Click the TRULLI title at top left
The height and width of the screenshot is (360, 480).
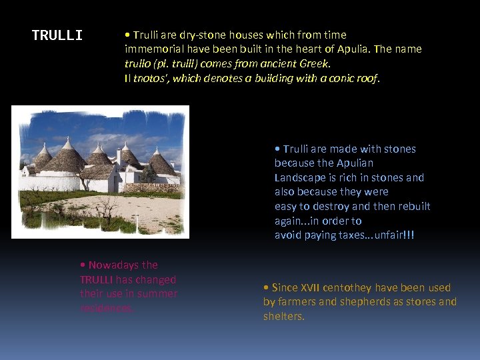pos(57,35)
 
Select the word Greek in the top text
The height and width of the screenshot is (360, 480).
pos(316,64)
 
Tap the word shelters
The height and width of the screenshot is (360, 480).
pos(283,316)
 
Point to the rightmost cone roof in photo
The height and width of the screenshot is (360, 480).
pos(163,163)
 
